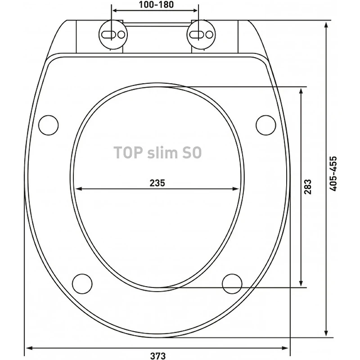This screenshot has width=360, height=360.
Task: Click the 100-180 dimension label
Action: [x=156, y=4]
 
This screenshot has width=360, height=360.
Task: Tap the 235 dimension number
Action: [x=157, y=183]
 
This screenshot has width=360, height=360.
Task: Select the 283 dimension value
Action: [x=308, y=187]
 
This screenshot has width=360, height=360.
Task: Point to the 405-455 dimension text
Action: [x=333, y=174]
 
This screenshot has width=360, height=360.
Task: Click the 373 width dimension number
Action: [x=158, y=356]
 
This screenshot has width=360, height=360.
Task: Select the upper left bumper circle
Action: [x=49, y=125]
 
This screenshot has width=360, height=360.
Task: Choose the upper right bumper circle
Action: [x=266, y=125]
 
